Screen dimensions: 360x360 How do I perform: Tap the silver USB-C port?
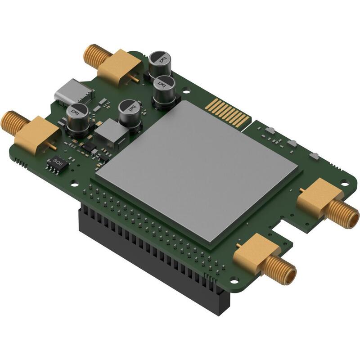(x=73, y=91)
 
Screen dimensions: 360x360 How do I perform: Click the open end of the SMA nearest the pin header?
(x=289, y=274)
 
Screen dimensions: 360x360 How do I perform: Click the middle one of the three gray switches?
(x=292, y=144)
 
